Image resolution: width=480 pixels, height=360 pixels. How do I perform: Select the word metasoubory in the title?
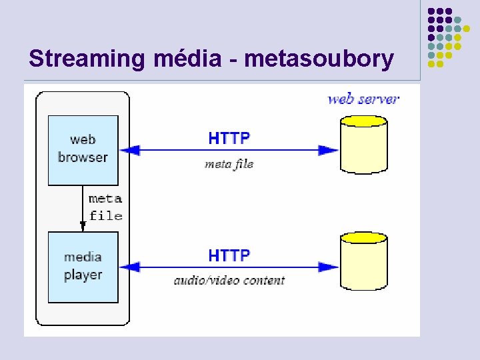[x=319, y=59]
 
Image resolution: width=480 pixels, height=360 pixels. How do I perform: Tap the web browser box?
[x=83, y=150]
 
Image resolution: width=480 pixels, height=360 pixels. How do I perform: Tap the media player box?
[x=83, y=267]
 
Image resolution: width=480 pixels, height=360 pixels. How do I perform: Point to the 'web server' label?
[x=363, y=99]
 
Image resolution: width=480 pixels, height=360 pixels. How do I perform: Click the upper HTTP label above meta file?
[x=229, y=139]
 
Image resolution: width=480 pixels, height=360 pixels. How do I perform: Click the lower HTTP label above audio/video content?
[x=229, y=255]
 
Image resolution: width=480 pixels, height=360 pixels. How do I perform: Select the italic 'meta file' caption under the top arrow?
[x=229, y=164]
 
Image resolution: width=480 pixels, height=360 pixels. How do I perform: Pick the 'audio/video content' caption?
[x=229, y=281]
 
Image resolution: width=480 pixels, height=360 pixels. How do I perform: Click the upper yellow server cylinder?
[x=363, y=147]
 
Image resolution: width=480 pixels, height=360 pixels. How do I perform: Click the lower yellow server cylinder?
[x=363, y=263]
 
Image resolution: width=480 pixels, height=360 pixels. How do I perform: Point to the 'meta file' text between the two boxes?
[x=105, y=207]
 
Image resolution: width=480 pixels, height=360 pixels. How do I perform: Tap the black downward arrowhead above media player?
[x=83, y=226]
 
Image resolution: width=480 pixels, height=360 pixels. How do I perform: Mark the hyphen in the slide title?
[x=233, y=61]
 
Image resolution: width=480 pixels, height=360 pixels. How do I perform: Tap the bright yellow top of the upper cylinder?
[x=363, y=121]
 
